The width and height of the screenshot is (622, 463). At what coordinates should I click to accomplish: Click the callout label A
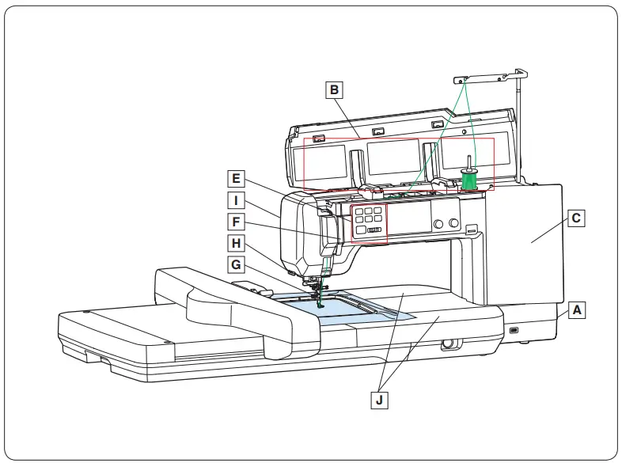coord(578,310)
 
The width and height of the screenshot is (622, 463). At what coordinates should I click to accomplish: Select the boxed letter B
coord(336,90)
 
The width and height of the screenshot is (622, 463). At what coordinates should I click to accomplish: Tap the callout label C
coord(577,217)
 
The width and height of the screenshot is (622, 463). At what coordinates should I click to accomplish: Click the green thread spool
coord(469,180)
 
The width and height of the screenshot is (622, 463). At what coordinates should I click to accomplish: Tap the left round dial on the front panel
coord(436,225)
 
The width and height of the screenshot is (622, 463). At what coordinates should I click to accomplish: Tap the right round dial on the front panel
coord(454,225)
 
